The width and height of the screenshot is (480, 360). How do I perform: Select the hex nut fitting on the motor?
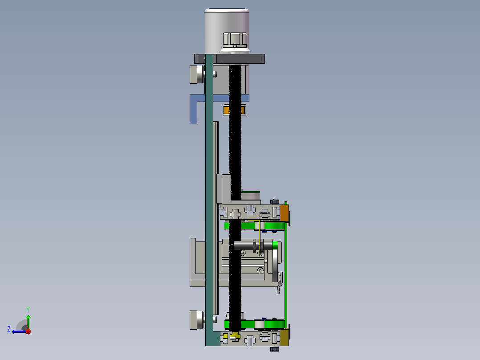click(235, 39)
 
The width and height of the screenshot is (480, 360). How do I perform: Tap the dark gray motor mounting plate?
click(230, 59)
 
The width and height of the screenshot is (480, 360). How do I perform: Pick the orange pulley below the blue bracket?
click(226, 110)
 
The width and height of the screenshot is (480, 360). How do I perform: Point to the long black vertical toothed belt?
click(235, 196)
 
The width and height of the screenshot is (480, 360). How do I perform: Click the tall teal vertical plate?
click(209, 199)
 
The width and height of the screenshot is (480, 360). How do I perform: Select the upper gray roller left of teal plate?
click(197, 74)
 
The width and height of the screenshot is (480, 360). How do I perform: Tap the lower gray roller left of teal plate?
click(197, 320)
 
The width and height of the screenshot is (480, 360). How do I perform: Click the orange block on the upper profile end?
click(285, 213)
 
